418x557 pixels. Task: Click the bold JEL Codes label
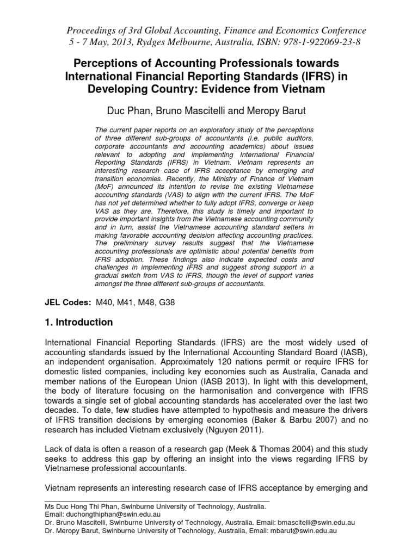(66, 301)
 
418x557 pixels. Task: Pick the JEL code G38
(179, 301)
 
